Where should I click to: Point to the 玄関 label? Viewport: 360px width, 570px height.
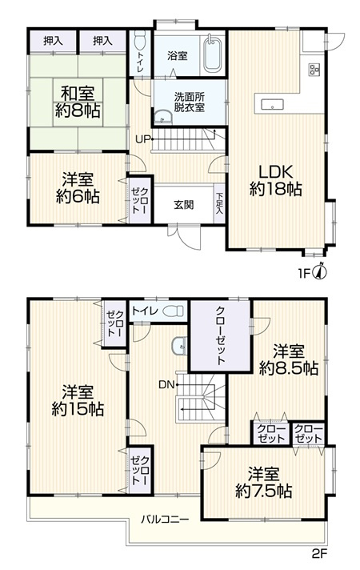(x=183, y=204)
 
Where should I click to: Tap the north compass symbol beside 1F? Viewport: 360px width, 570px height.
(x=319, y=271)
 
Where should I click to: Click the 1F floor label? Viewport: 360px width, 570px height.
(x=304, y=272)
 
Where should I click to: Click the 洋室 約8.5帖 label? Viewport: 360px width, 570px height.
(x=289, y=360)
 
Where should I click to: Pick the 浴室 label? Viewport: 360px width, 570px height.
(x=177, y=56)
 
